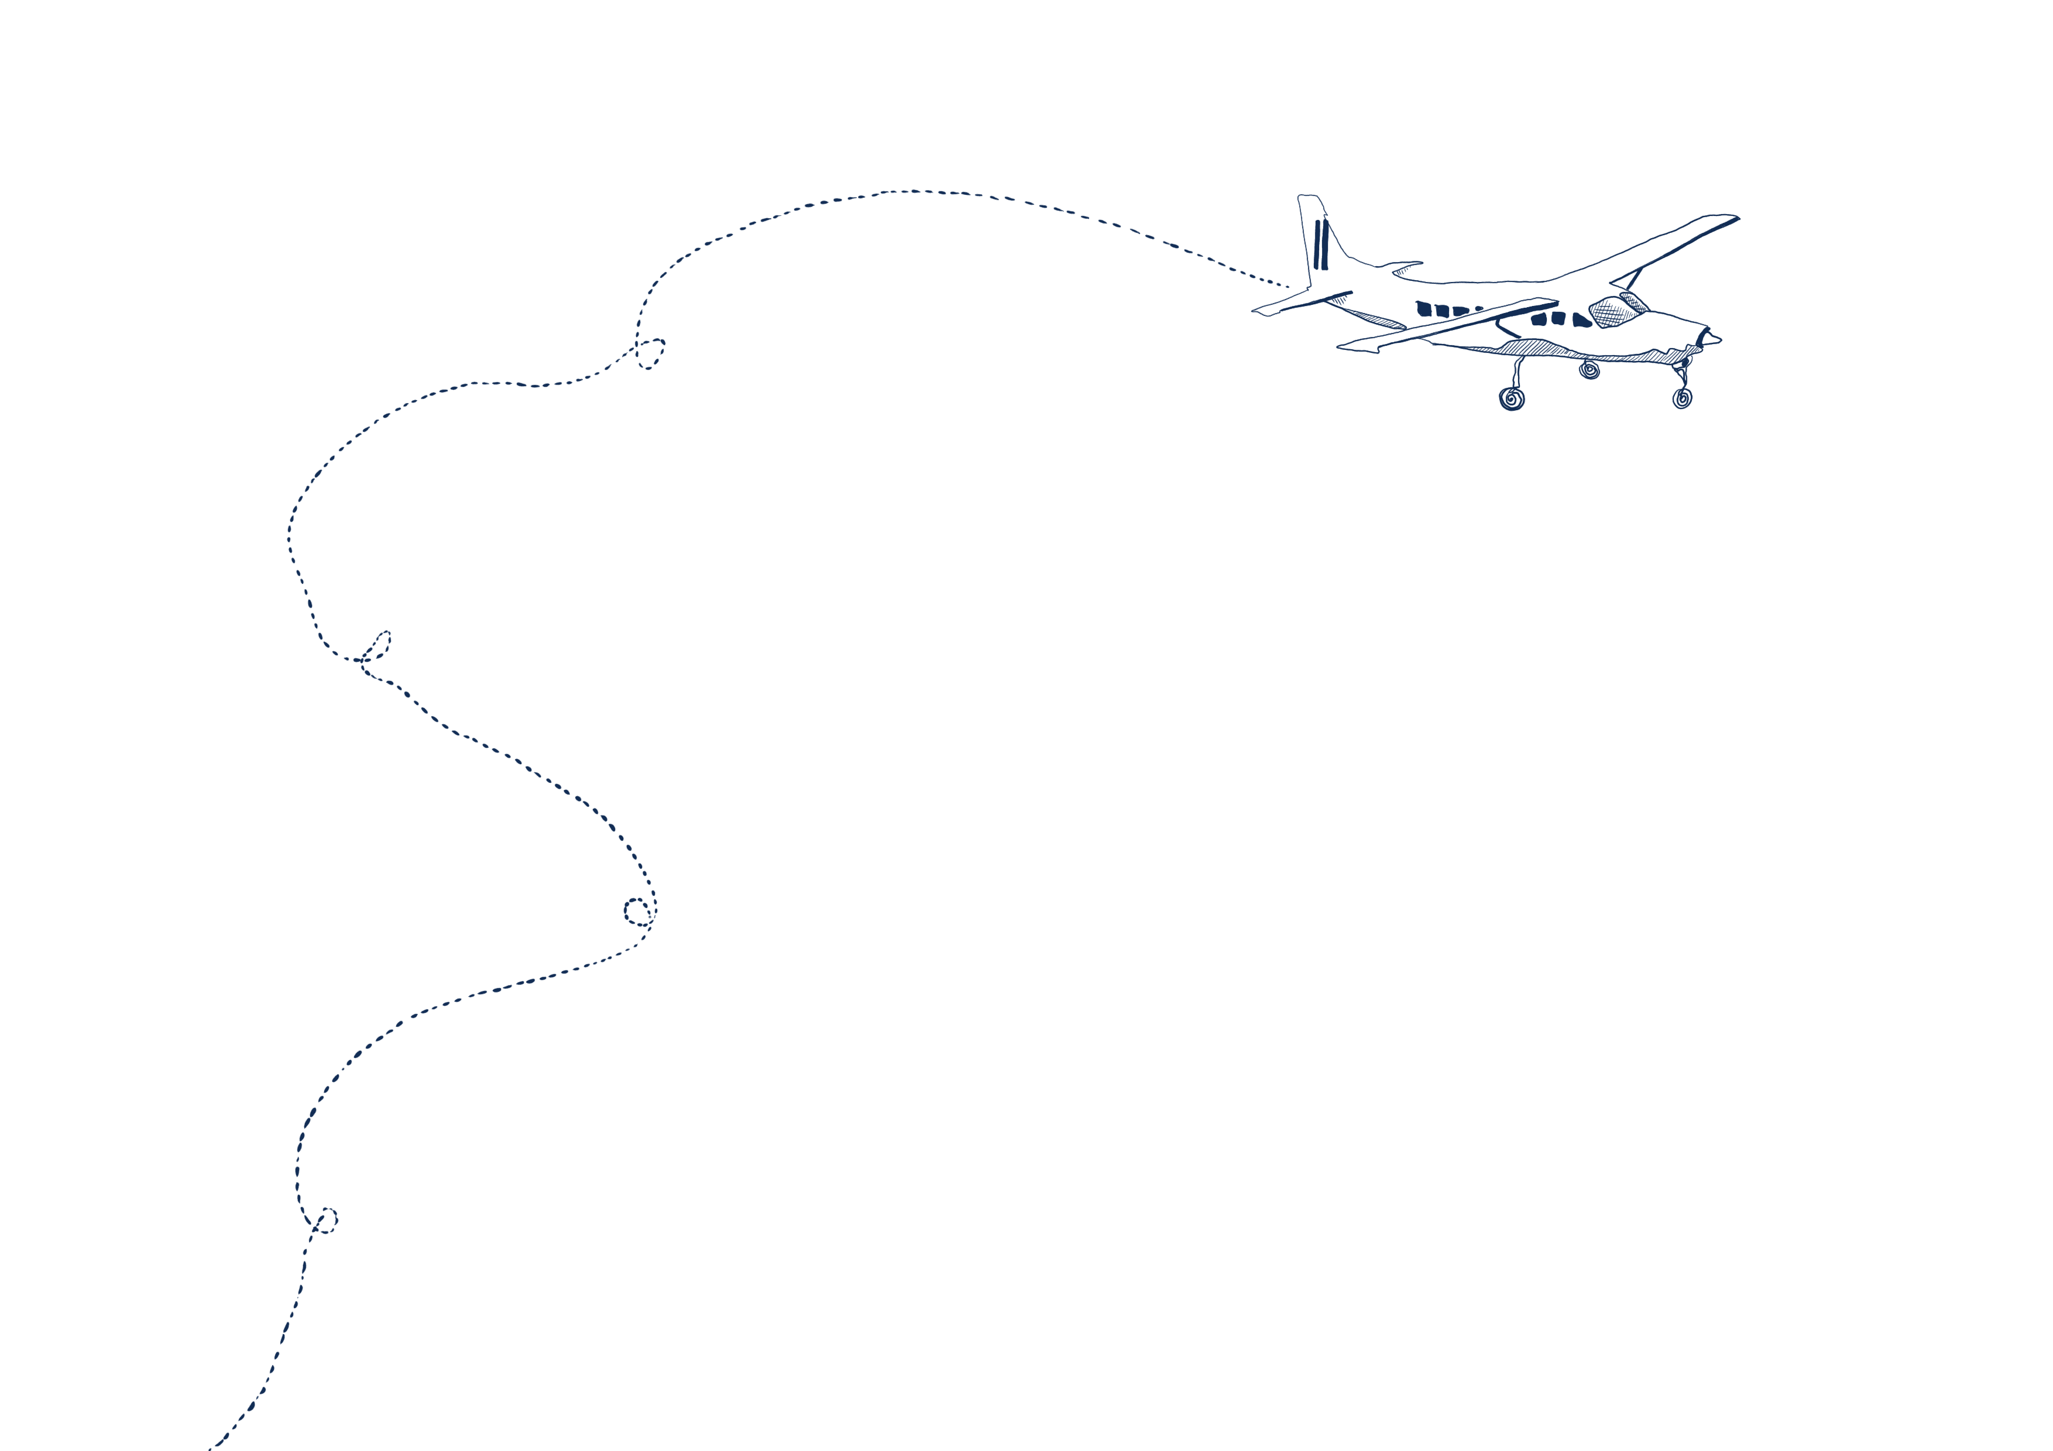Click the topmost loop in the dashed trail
pos(651,354)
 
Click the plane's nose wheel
pos(1682,399)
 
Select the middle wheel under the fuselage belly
pos(1589,370)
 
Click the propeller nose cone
pos(1713,339)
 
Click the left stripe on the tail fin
pos(1316,244)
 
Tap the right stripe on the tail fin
pos(1324,244)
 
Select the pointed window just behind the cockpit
pos(1581,320)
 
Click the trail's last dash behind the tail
pos(1285,286)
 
